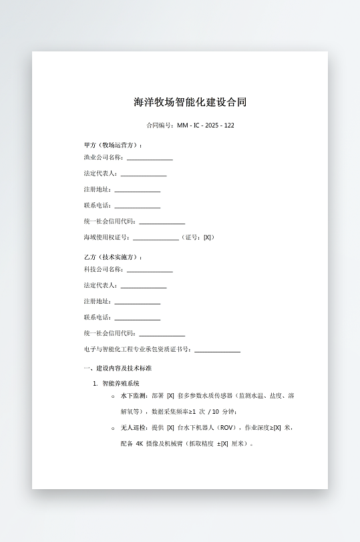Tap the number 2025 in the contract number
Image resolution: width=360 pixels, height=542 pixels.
pyautogui.click(x=212, y=125)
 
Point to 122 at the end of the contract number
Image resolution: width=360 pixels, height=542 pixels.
pyautogui.click(x=229, y=125)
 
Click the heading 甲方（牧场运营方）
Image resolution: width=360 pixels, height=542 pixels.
pyautogui.click(x=112, y=145)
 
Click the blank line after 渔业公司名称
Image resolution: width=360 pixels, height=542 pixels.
pyautogui.click(x=150, y=158)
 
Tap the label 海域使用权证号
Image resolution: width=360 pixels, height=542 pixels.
pyautogui.click(x=106, y=237)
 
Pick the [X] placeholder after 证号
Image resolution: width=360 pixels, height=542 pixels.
pyautogui.click(x=208, y=237)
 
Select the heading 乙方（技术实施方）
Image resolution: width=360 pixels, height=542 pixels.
pyautogui.click(x=112, y=257)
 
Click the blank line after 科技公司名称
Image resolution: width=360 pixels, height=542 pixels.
pyautogui.click(x=150, y=270)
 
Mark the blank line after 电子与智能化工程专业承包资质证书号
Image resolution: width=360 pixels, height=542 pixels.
pyautogui.click(x=217, y=350)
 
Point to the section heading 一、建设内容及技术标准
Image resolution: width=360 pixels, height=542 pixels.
pyautogui.click(x=118, y=368)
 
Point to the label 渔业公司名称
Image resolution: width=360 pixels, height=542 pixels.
pyautogui.click(x=104, y=158)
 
